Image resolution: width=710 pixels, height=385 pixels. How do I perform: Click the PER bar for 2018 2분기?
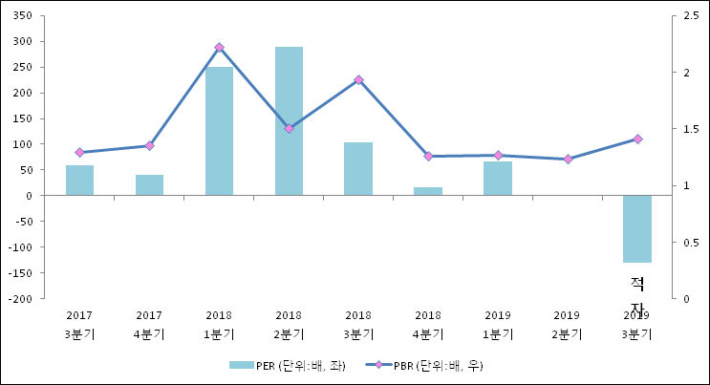click(x=289, y=121)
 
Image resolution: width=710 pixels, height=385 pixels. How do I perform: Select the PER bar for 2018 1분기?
click(x=219, y=131)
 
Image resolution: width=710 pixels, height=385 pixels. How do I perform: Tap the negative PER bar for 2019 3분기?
click(x=637, y=228)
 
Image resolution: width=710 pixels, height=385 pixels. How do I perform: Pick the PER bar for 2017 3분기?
click(x=79, y=181)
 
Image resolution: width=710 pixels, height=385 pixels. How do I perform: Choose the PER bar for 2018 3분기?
click(x=358, y=169)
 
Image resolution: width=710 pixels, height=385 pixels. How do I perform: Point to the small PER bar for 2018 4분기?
click(x=428, y=191)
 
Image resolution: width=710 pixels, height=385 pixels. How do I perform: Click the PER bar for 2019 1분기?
click(x=498, y=179)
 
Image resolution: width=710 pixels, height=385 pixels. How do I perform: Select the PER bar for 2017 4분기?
click(x=149, y=185)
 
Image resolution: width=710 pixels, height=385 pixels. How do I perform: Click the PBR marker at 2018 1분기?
click(x=219, y=47)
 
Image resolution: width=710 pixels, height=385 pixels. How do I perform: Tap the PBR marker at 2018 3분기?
click(x=358, y=80)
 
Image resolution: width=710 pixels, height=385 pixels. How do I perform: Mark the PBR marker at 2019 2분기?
click(x=568, y=159)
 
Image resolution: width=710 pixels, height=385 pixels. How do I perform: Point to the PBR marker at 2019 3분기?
click(x=637, y=139)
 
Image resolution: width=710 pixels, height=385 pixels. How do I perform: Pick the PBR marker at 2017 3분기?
click(x=79, y=152)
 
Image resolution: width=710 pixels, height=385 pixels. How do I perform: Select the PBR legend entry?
click(x=425, y=366)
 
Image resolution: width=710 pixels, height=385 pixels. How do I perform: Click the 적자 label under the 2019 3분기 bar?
click(x=637, y=294)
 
